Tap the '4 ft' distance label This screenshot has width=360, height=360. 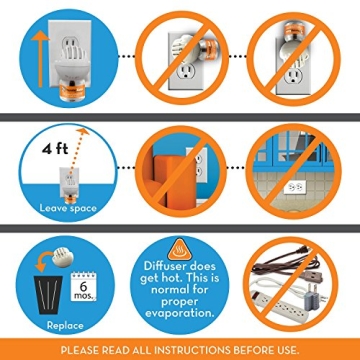click(55, 148)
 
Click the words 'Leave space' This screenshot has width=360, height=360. click(68, 209)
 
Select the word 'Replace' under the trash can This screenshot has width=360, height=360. click(65, 325)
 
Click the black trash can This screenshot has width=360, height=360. click(49, 295)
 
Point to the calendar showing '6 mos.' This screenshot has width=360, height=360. click(83, 286)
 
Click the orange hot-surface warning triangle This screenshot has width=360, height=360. click(180, 249)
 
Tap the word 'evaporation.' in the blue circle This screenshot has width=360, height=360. click(180, 314)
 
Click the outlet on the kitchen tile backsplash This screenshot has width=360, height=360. click(294, 188)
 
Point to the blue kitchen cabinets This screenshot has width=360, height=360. click(293, 149)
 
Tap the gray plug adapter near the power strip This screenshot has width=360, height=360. click(312, 293)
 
